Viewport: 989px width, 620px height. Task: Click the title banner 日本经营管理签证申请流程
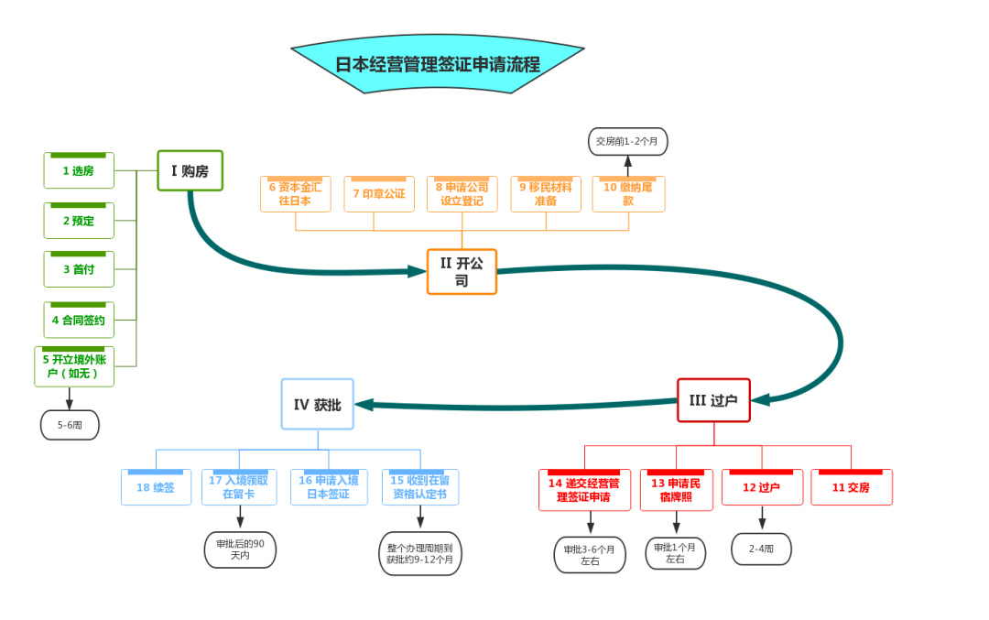click(437, 64)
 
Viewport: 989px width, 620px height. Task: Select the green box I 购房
click(190, 170)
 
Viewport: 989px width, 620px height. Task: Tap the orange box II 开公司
click(462, 272)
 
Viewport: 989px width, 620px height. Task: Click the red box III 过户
click(713, 400)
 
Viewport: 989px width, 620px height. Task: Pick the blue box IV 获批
click(317, 404)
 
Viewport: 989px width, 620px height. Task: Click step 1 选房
click(79, 170)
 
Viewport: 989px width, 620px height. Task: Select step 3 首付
click(79, 269)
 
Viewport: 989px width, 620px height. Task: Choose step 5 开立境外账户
click(74, 366)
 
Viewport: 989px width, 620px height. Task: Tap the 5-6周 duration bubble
click(70, 425)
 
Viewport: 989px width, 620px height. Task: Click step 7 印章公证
click(379, 193)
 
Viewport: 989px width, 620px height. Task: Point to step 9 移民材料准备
click(546, 193)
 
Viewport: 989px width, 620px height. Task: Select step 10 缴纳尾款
click(628, 193)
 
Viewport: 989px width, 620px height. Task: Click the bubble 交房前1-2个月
click(627, 141)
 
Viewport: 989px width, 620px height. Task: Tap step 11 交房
click(852, 487)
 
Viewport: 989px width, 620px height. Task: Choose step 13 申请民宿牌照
click(676, 489)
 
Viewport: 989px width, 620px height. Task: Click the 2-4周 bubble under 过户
click(761, 549)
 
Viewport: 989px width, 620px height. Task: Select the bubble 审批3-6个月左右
click(590, 555)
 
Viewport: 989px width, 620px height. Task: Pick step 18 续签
click(156, 487)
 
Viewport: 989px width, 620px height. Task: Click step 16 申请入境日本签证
click(329, 487)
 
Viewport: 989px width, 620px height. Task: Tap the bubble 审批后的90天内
click(240, 549)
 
